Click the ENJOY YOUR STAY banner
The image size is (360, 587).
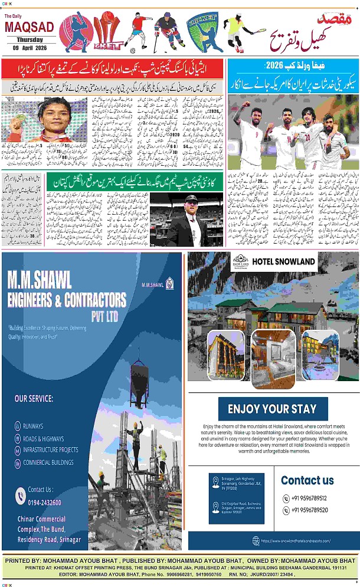pos(272,409)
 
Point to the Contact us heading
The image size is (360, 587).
pos(307,480)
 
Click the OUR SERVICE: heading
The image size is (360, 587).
pos(34,398)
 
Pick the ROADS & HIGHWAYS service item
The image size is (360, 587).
pos(43,438)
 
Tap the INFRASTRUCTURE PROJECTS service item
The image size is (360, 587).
pos(50,450)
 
